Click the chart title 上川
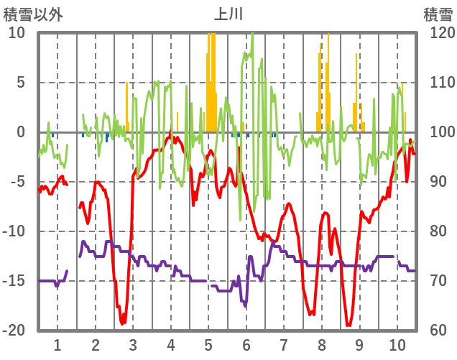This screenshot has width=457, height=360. pyautogui.click(x=228, y=13)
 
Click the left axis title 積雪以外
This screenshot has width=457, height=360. pyautogui.click(x=33, y=14)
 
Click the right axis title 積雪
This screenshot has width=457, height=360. pyautogui.click(x=438, y=14)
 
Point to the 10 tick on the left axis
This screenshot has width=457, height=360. pyautogui.click(x=17, y=33)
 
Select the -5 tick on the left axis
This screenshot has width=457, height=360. pyautogui.click(x=17, y=182)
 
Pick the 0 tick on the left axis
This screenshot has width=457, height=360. pyautogui.click(x=21, y=132)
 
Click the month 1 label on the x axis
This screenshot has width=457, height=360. pyautogui.click(x=57, y=345)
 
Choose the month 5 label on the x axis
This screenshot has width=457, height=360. pyautogui.click(x=208, y=345)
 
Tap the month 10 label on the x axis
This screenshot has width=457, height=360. pyautogui.click(x=397, y=345)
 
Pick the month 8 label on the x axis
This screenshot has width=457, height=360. pyautogui.click(x=322, y=345)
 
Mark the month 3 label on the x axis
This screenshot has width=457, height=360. pyautogui.click(x=133, y=345)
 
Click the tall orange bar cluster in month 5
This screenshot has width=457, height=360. pyautogui.click(x=211, y=79)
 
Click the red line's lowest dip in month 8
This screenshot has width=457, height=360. pyautogui.click(x=312, y=314)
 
